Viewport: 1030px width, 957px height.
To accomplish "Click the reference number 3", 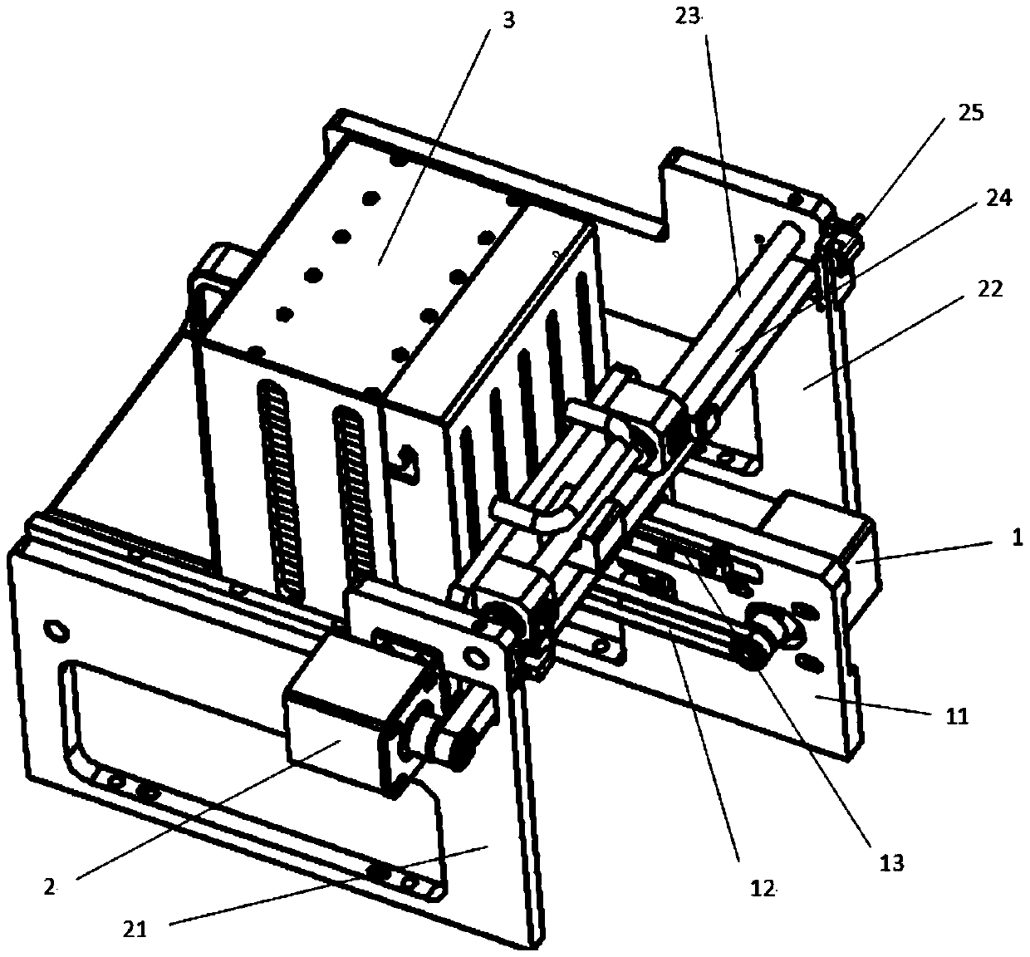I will tap(508, 19).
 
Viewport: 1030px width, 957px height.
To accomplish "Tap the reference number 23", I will tap(690, 16).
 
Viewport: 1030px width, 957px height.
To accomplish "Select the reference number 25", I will tap(969, 113).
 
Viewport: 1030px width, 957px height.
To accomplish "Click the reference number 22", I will tap(989, 288).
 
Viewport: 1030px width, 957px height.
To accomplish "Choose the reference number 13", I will tap(890, 861).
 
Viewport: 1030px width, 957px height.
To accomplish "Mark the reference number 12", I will tap(761, 889).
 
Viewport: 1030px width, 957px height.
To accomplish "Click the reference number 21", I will tap(135, 930).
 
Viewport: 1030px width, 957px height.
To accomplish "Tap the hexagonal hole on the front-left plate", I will tap(54, 630).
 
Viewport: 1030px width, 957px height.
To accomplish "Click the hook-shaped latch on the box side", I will tap(407, 462).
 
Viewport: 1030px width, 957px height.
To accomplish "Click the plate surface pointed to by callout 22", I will tap(797, 382).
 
